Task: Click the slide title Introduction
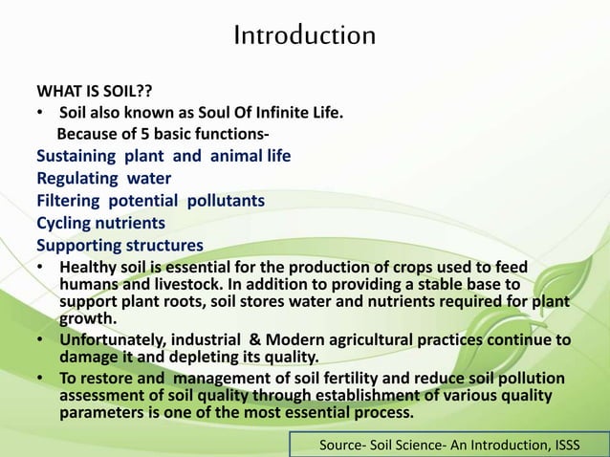tap(304, 36)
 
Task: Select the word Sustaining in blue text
tap(76, 155)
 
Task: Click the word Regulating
tap(77, 178)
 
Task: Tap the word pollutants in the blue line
tap(226, 201)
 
